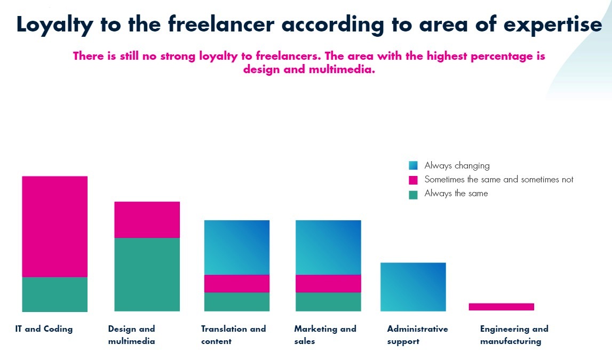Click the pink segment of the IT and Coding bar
[x=54, y=226]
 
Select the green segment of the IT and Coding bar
[x=54, y=294]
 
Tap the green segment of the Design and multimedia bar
[x=147, y=274]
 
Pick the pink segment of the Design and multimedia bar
[x=147, y=219]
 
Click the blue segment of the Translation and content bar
[x=236, y=247]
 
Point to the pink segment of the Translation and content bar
[x=236, y=283]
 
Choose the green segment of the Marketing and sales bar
[x=328, y=301]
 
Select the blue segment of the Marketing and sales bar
[x=328, y=247]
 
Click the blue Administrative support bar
[x=413, y=286]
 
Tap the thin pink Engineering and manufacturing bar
[x=501, y=307]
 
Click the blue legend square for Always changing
[x=413, y=166]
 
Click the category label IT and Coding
[x=44, y=329]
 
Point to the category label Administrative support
[x=417, y=335]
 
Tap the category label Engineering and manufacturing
[x=514, y=335]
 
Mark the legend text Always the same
[x=456, y=194]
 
